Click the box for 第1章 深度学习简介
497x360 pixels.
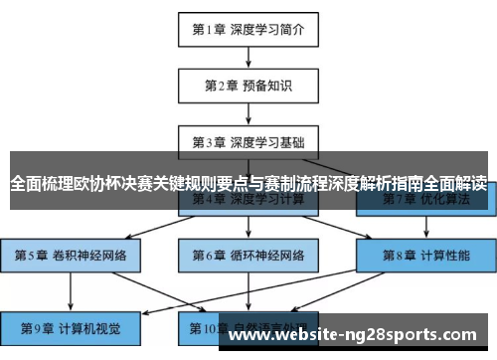point(248,30)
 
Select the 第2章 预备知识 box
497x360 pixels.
point(248,86)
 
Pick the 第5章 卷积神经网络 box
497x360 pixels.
point(70,255)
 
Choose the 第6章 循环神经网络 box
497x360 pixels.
point(248,255)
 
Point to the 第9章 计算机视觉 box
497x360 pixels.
point(70,327)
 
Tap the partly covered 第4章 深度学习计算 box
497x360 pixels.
point(248,202)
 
